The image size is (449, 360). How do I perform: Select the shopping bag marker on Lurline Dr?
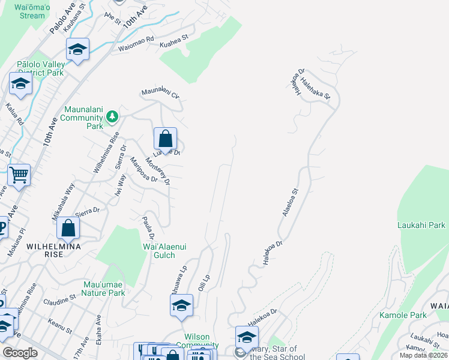pyautogui.click(x=165, y=139)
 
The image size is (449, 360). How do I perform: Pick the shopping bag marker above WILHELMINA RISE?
pyautogui.click(x=68, y=229)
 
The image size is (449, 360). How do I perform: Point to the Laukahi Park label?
pyautogui.click(x=421, y=225)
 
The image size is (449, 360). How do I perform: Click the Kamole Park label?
pyautogui.click(x=403, y=315)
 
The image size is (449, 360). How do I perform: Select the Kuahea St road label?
pyautogui.click(x=173, y=40)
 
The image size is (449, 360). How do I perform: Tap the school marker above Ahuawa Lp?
pyautogui.click(x=181, y=305)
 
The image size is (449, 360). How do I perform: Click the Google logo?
pyautogui.click(x=20, y=353)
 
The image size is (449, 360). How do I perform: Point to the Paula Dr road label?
pyautogui.click(x=148, y=229)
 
